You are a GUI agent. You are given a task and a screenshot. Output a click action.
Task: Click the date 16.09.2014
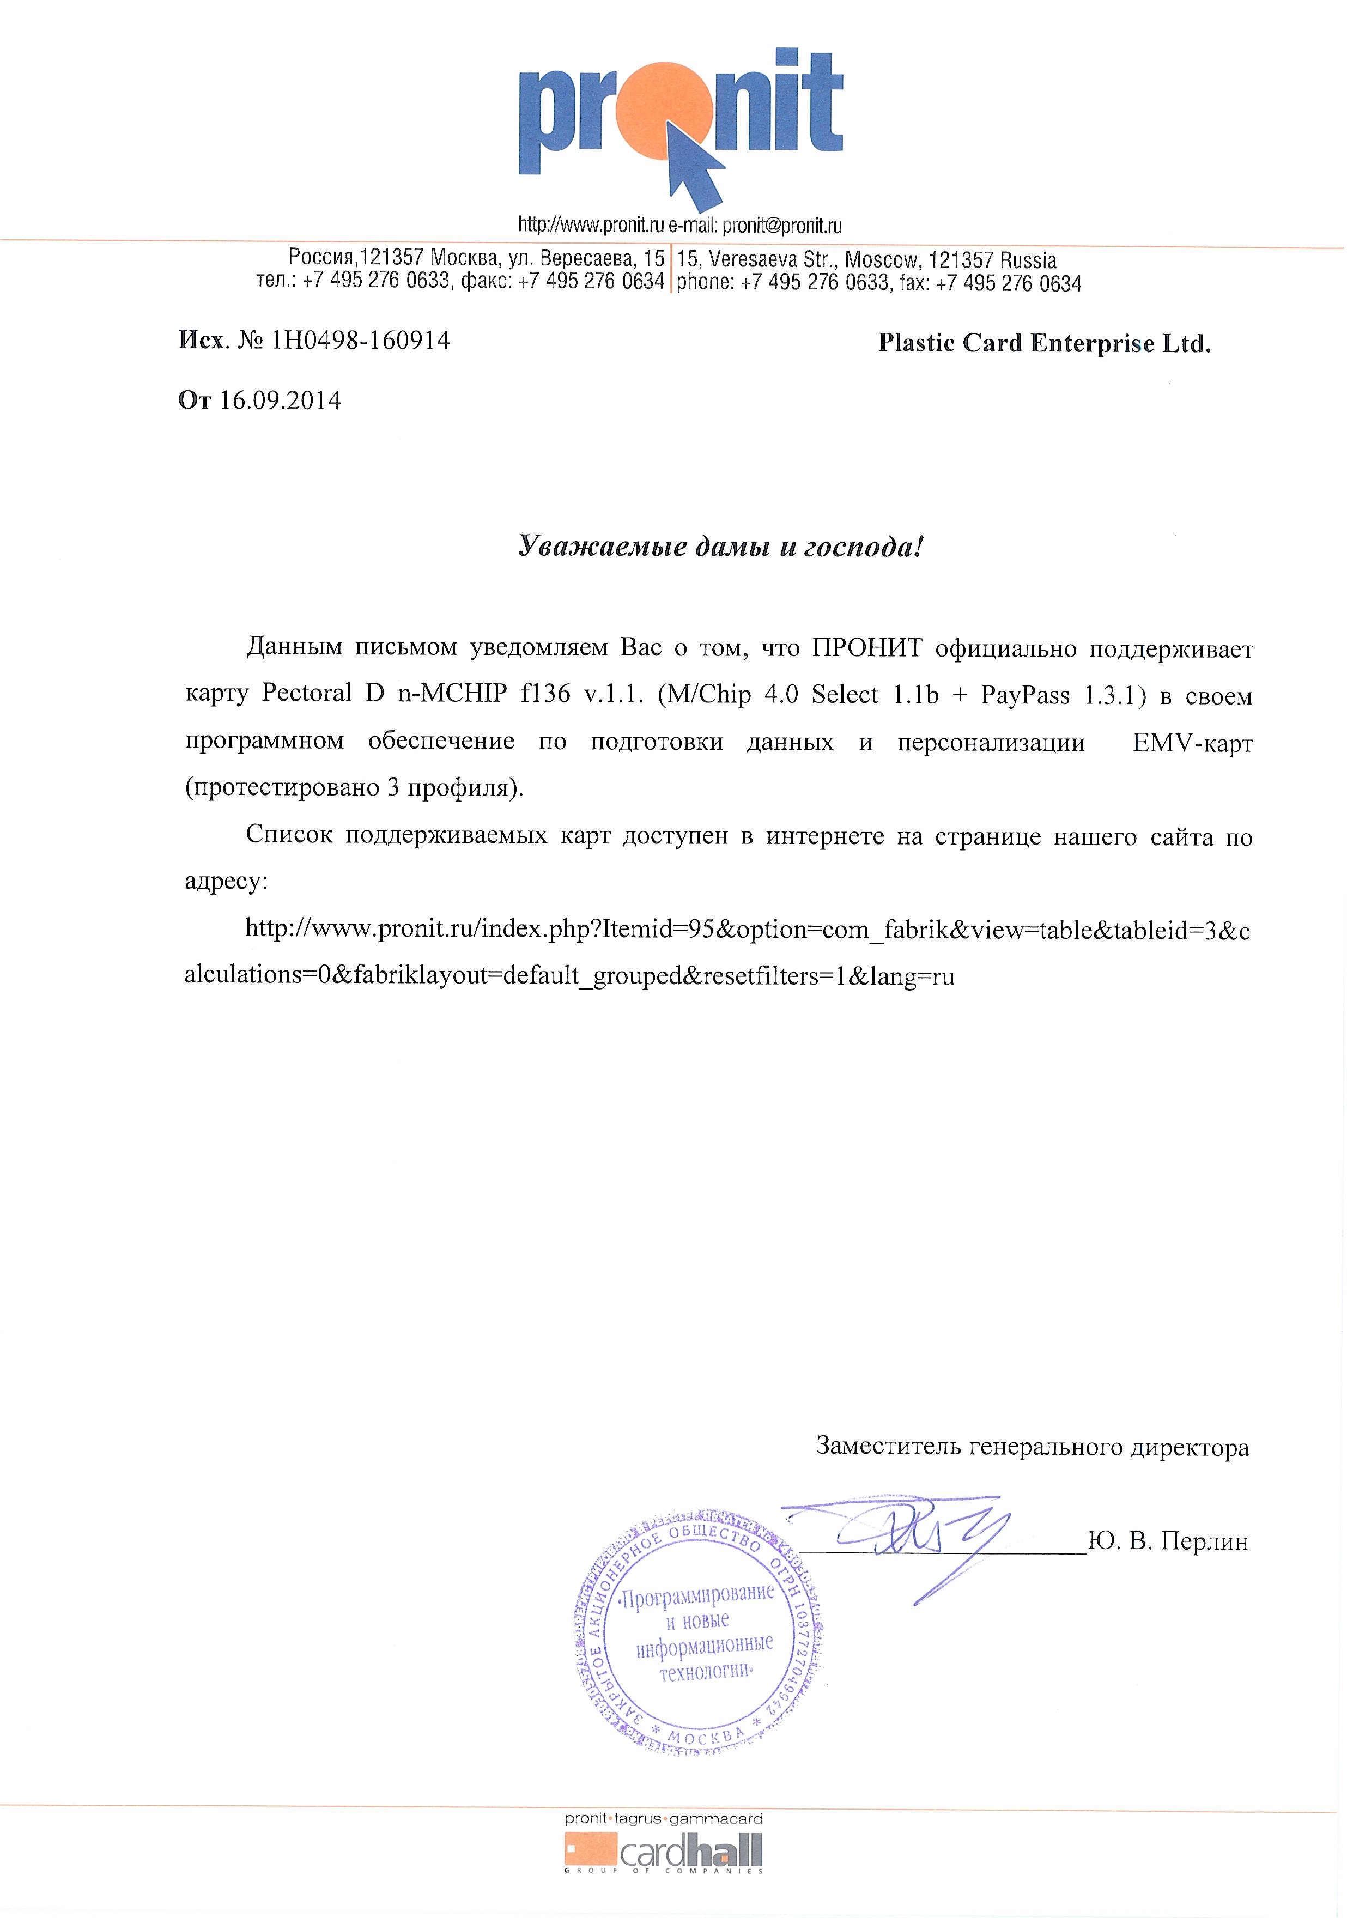[280, 401]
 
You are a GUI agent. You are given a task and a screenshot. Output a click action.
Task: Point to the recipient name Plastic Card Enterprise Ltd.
[1043, 343]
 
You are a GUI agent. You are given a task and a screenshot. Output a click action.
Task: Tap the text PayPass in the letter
[1026, 695]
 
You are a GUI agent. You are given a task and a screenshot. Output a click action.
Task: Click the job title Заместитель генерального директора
[1032, 1446]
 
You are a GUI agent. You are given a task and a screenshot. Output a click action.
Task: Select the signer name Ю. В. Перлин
[1168, 1541]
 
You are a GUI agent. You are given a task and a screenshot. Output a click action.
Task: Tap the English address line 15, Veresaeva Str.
[866, 260]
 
